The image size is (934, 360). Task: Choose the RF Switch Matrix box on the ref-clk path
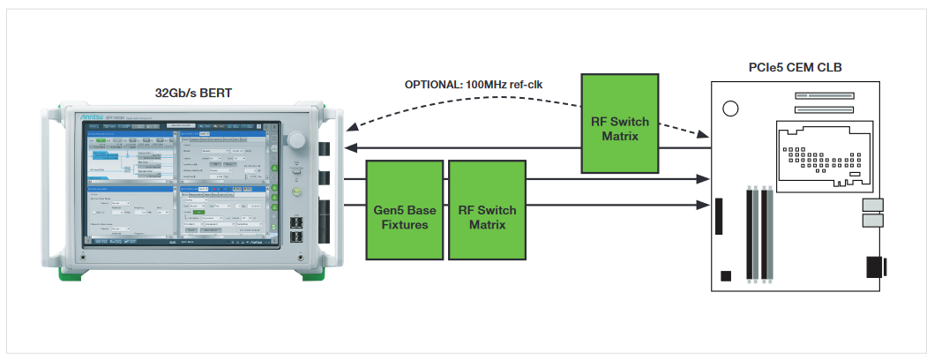click(620, 124)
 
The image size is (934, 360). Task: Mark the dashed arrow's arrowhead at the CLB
click(705, 135)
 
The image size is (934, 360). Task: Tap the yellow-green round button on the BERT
click(297, 191)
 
